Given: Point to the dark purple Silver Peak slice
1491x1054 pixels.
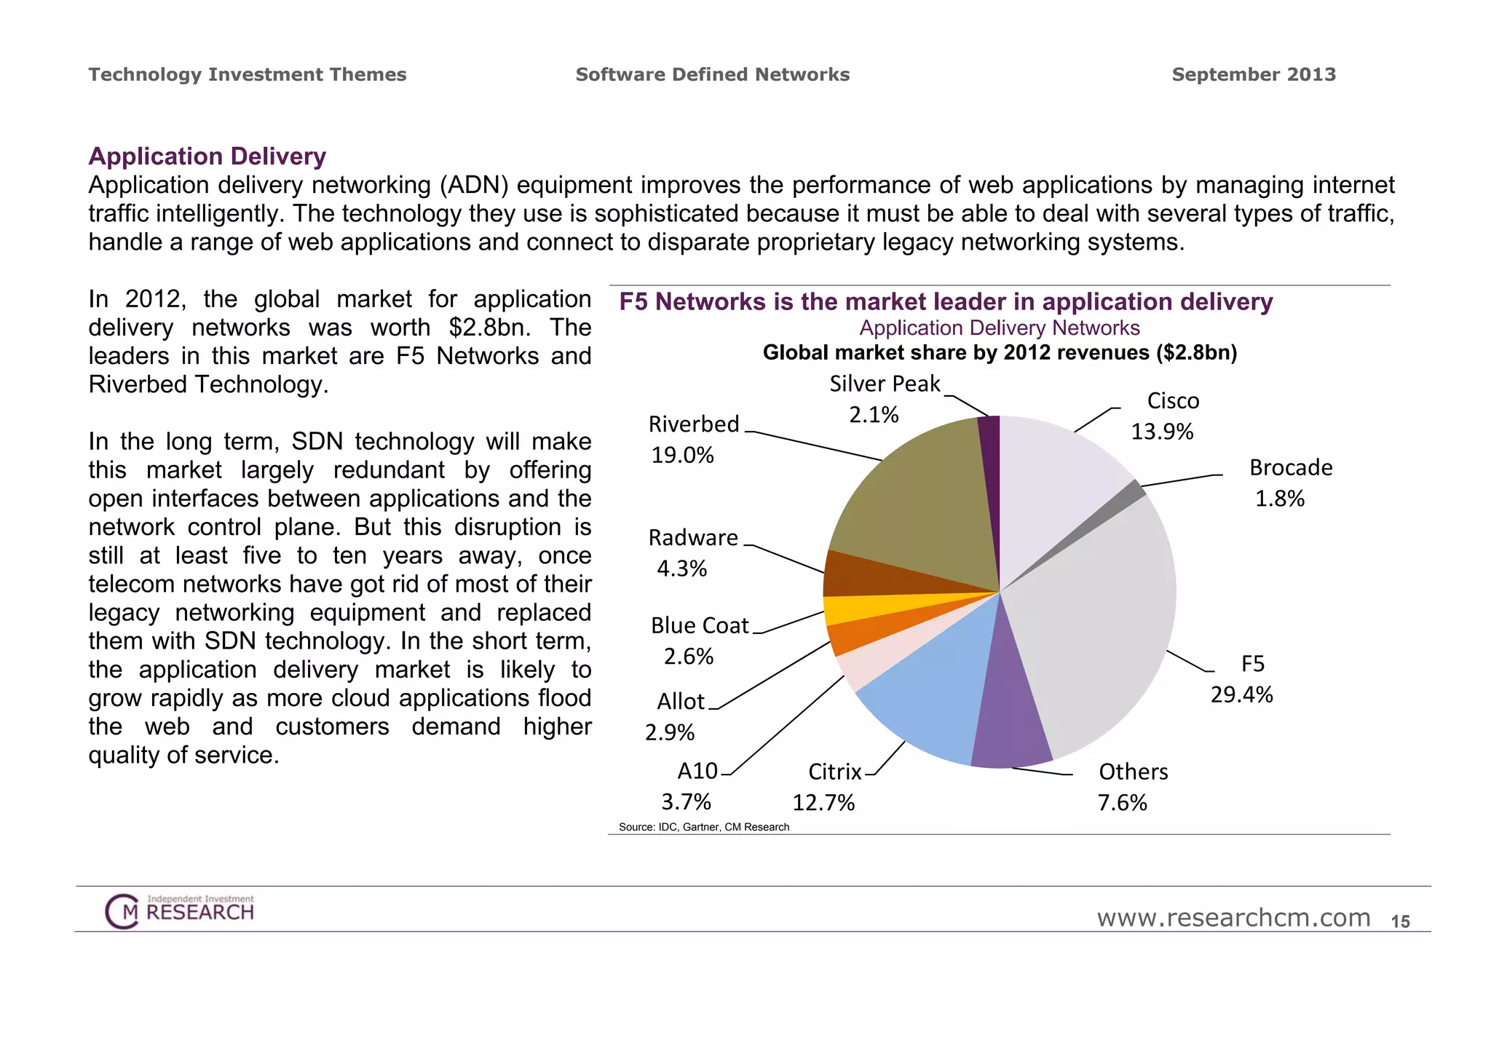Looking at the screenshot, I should [x=989, y=466].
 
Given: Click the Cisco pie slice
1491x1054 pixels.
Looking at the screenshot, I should [x=1056, y=480].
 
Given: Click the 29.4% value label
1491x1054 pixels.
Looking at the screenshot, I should [x=1241, y=694].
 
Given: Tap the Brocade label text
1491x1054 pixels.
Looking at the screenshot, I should [x=1291, y=467].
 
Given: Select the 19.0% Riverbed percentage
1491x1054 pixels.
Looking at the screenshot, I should [x=682, y=455].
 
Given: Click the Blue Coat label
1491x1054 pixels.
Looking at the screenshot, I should [x=699, y=625].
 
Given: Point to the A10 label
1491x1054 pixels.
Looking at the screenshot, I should [x=697, y=771].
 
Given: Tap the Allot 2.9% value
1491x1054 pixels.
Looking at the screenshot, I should [x=670, y=732].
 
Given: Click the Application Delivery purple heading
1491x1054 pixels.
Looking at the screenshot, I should [x=207, y=156].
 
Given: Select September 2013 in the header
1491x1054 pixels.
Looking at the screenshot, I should [x=1254, y=74].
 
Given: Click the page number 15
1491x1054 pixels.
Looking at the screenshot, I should [x=1400, y=922].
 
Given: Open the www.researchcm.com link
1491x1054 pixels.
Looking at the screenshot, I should [x=1233, y=918].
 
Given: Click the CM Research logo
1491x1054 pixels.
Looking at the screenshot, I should [x=179, y=911].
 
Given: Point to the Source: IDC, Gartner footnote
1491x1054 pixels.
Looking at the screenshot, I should [x=703, y=827].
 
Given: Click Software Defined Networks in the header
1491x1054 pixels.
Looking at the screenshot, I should [x=712, y=74].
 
